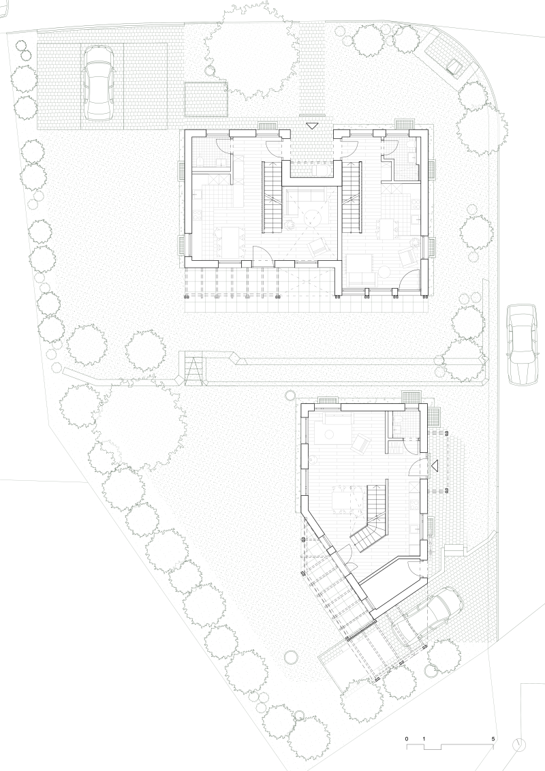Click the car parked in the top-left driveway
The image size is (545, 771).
(x=99, y=83)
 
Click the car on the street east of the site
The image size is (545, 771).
(x=522, y=344)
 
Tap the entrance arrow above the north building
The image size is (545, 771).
(x=312, y=127)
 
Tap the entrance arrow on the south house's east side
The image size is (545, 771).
(x=435, y=464)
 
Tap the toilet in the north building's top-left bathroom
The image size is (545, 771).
(x=201, y=162)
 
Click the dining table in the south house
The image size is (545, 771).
(x=343, y=500)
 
